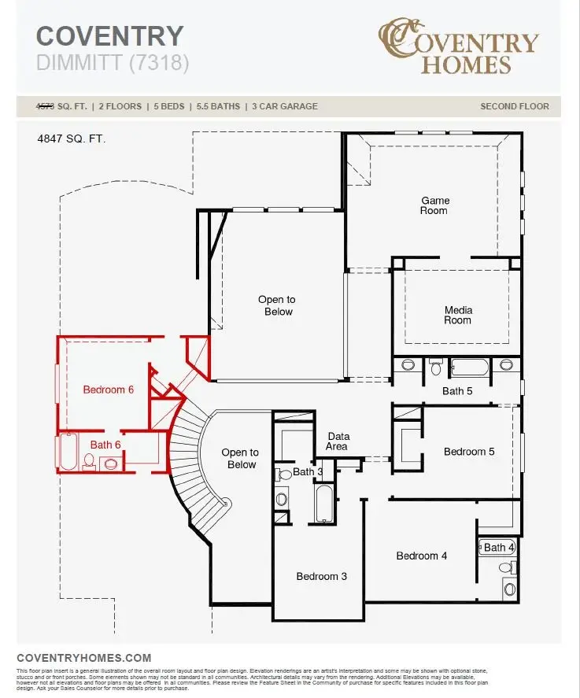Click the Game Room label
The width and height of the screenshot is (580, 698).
434,205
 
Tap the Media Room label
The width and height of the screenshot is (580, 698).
458,315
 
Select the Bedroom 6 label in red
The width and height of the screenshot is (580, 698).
109,390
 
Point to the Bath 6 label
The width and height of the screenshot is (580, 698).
105,445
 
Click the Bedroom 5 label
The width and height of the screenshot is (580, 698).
469,452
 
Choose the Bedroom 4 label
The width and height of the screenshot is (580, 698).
422,556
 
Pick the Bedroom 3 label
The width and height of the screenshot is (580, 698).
321,576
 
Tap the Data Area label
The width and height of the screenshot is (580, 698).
338,441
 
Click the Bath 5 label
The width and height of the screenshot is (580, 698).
457,390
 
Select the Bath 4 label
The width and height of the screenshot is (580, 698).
499,547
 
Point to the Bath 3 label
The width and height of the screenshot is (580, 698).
308,472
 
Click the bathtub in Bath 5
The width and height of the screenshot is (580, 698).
469,367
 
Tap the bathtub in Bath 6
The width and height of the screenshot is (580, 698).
67,452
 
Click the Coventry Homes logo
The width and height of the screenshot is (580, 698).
458,47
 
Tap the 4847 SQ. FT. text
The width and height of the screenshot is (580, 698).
71,138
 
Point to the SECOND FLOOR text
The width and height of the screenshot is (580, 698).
515,106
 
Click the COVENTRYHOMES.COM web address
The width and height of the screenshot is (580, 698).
83,658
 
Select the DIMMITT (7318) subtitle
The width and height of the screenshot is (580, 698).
113,63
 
